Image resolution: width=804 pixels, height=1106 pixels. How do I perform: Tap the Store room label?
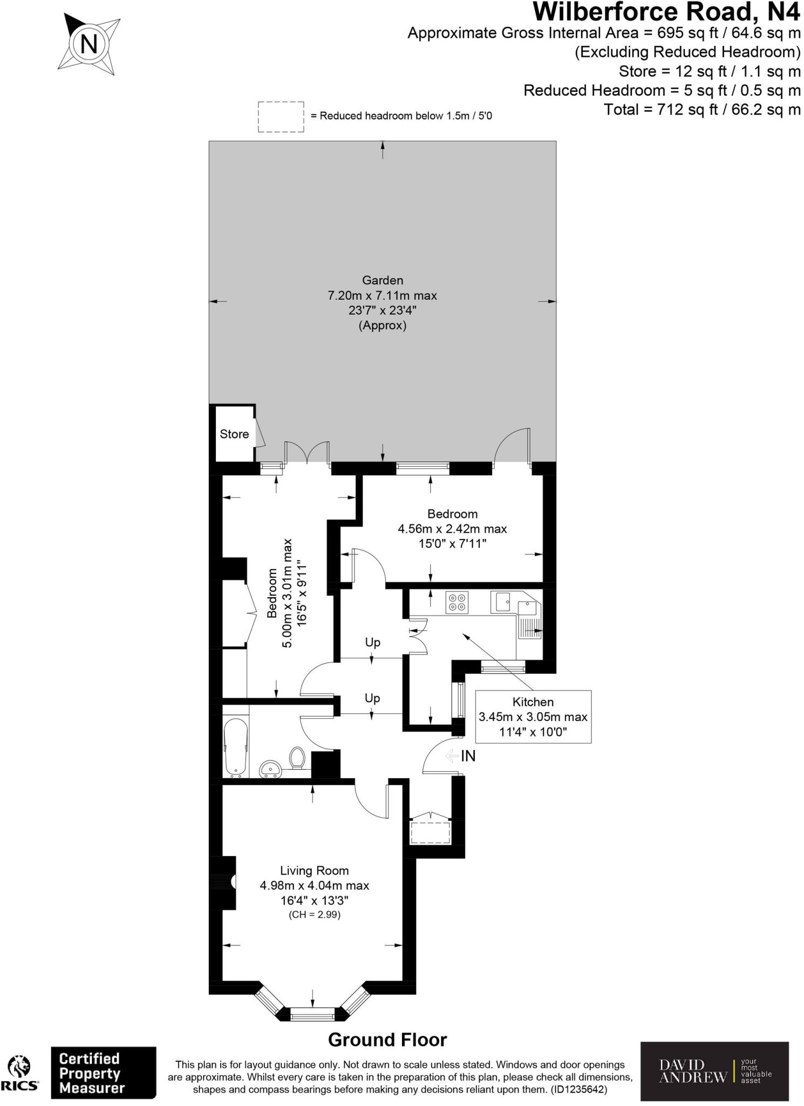[234, 434]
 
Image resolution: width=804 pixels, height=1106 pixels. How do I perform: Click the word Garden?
[383, 280]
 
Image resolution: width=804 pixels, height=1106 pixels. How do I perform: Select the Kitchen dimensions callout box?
[533, 717]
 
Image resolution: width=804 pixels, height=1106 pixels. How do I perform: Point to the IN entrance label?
[468, 757]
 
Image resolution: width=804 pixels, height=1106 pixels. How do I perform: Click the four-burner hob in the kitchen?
[457, 602]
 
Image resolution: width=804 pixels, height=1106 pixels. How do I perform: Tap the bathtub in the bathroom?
[236, 747]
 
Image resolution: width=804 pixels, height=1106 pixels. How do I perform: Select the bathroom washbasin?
[270, 768]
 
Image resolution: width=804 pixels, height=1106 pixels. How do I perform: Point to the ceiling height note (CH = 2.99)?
[315, 914]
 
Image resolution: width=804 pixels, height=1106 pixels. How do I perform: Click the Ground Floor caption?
[387, 1040]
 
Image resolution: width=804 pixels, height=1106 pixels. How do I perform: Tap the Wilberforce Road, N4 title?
[666, 12]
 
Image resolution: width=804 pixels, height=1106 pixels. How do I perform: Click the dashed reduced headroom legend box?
[281, 117]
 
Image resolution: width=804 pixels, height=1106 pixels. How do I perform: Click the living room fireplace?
[228, 882]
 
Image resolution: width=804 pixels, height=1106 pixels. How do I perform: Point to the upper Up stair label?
[373, 642]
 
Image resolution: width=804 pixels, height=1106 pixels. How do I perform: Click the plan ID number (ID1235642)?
[579, 1090]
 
